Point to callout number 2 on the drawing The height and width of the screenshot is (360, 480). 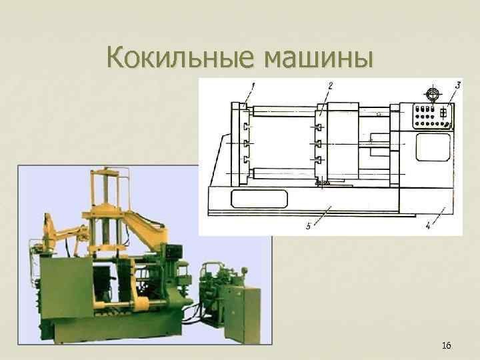click(331, 85)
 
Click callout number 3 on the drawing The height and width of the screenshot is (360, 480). click(458, 85)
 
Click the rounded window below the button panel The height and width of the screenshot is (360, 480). click(432, 147)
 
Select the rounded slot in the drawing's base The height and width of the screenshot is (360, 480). click(259, 198)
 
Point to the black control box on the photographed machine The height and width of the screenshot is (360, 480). click(175, 252)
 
